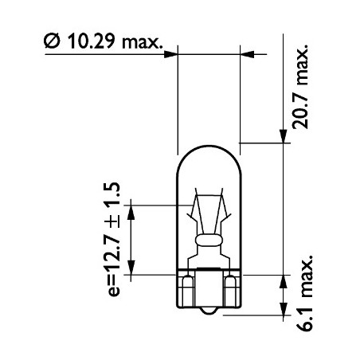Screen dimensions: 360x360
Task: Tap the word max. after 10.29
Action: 145,42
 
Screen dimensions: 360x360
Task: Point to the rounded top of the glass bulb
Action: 209,146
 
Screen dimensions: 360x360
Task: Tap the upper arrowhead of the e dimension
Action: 132,209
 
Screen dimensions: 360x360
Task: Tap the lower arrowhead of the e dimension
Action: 132,268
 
